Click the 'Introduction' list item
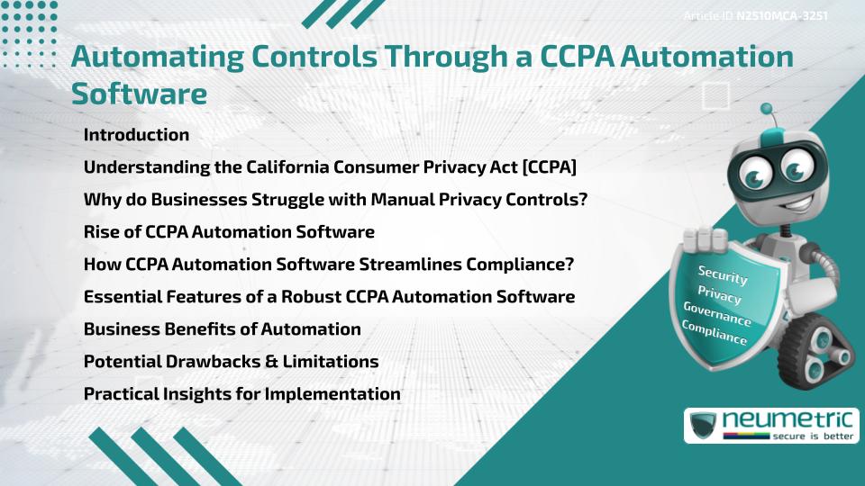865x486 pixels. tap(136, 135)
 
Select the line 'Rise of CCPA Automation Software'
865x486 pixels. tap(229, 232)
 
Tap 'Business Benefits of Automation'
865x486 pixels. tap(222, 329)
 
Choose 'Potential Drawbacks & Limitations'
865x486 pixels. tap(231, 362)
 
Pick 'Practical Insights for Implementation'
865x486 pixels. tap(241, 394)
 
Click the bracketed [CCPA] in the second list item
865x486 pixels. tap(545, 167)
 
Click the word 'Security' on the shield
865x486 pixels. tap(723, 275)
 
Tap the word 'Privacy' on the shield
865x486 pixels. tap(719, 294)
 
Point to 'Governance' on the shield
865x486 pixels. tap(716, 314)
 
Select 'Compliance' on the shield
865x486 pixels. tap(715, 333)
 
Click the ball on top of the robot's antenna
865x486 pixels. tap(767, 109)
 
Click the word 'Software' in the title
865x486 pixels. tap(139, 94)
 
